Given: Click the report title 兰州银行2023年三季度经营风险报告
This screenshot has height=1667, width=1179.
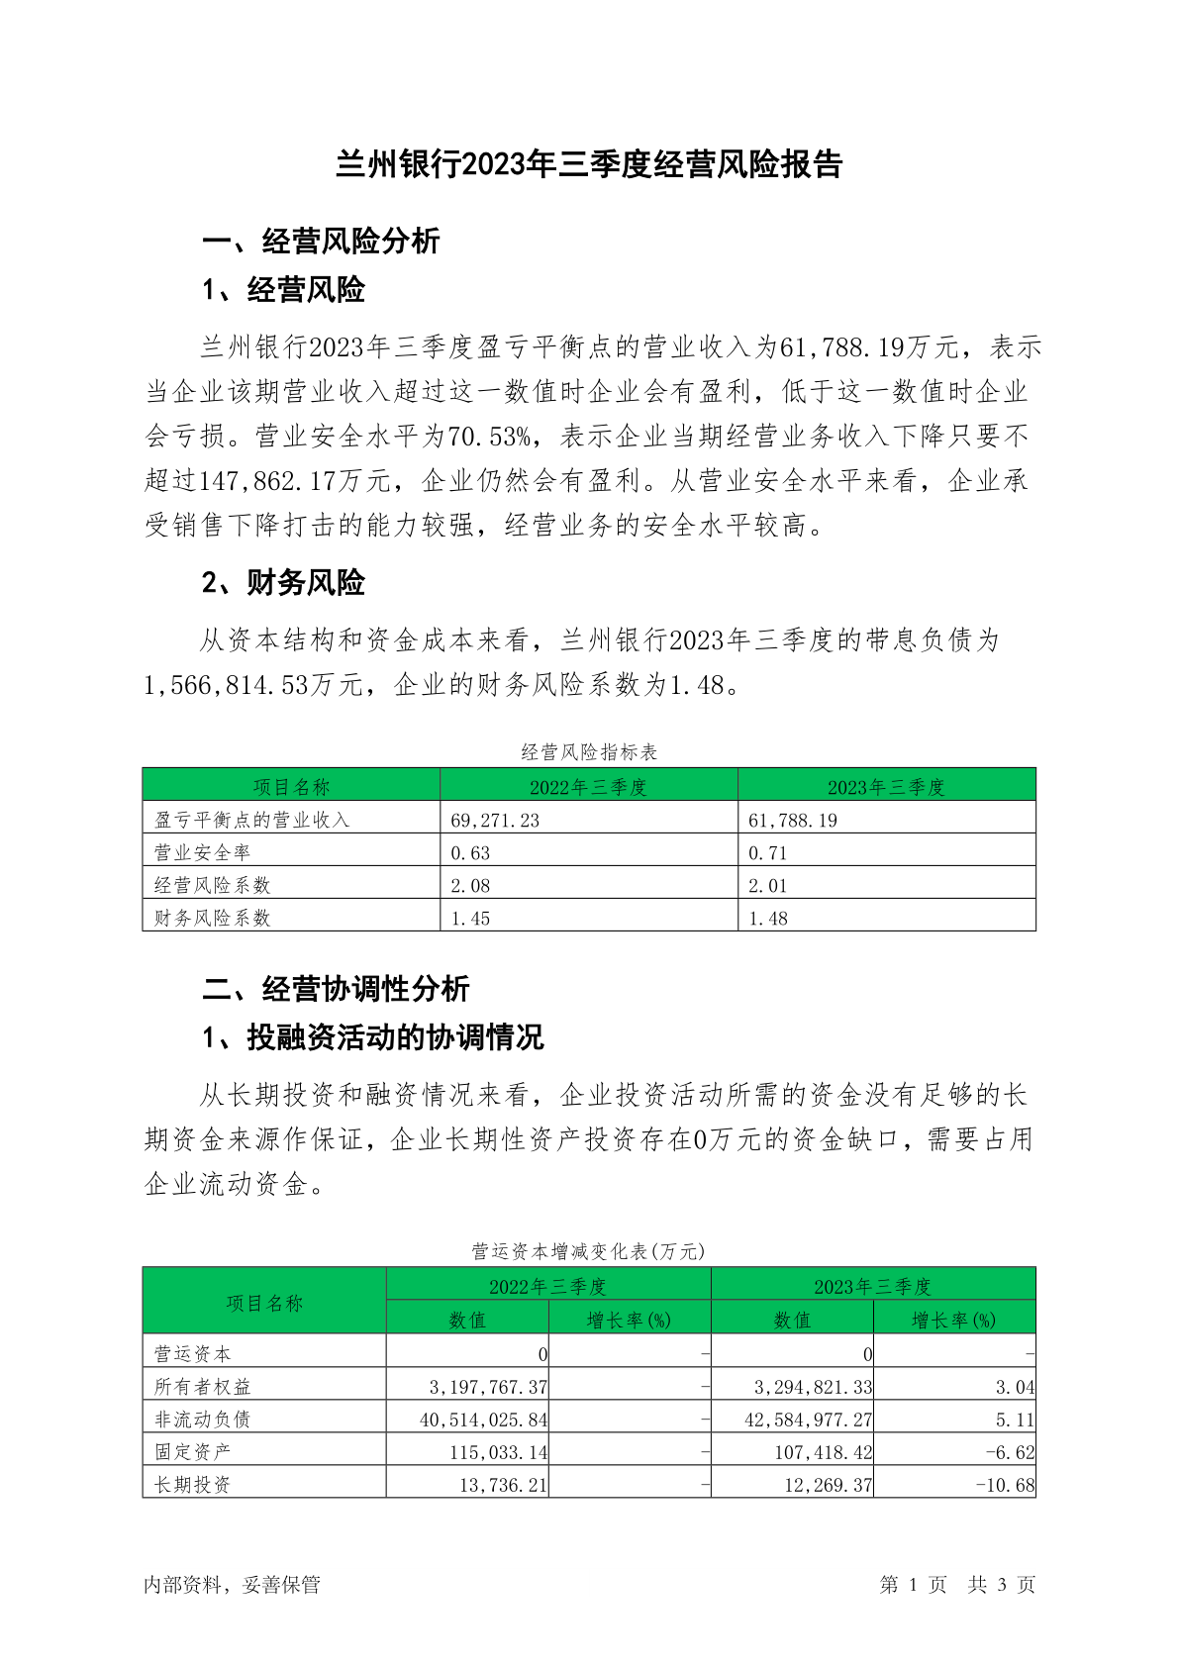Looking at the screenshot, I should (x=589, y=164).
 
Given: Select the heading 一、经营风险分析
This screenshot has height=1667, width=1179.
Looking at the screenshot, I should (x=321, y=241).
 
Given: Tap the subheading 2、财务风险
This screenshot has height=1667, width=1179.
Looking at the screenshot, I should (x=283, y=582).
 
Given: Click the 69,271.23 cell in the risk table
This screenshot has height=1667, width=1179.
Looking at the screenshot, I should (x=495, y=820).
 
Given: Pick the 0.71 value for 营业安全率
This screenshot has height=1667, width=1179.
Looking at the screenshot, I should (x=767, y=852).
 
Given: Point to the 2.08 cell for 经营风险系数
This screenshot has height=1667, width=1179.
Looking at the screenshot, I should (x=470, y=885).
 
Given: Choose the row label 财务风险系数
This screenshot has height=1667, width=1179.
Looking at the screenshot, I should (x=212, y=918).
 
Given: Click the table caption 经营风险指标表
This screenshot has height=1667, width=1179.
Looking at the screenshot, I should (x=589, y=752).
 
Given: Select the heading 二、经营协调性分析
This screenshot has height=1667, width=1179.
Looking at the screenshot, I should (x=336, y=988).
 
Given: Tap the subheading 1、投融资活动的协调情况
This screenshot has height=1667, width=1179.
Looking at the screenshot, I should (x=372, y=1037).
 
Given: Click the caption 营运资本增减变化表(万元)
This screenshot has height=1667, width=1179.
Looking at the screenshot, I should (x=589, y=1251).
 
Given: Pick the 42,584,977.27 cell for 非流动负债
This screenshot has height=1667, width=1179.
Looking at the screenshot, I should (x=808, y=1420).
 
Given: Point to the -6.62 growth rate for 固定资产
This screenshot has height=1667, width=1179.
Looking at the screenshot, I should (x=1010, y=1452).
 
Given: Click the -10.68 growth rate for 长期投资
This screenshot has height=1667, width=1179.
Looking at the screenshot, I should (x=1005, y=1485).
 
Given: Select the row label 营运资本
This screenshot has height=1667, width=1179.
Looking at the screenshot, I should (x=193, y=1353).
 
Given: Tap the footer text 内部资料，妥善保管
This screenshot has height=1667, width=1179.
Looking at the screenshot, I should (x=232, y=1585).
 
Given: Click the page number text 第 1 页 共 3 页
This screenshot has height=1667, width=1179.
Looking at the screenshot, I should (x=956, y=1585).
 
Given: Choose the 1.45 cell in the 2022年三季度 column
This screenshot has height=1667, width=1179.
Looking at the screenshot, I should (x=470, y=918).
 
